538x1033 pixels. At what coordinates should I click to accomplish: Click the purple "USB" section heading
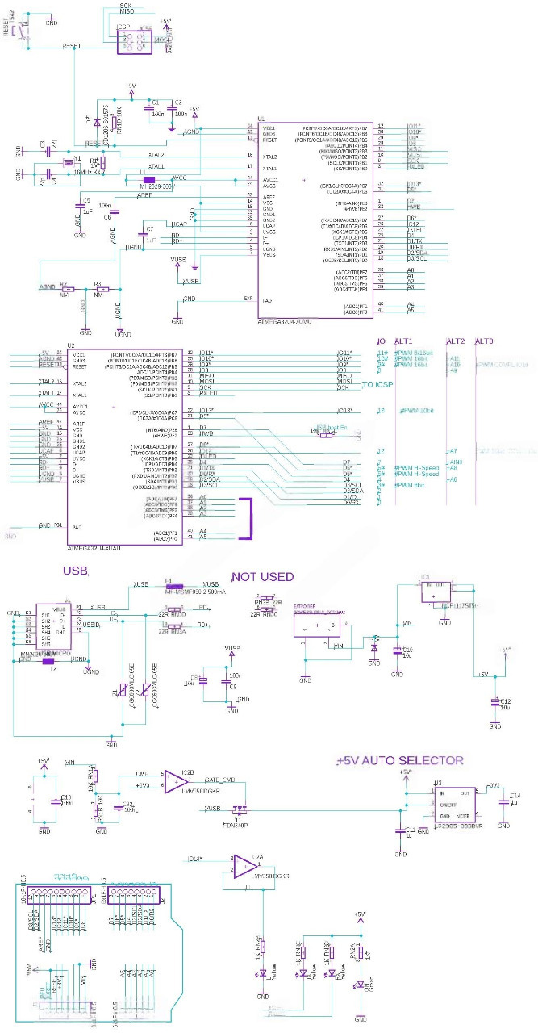75,571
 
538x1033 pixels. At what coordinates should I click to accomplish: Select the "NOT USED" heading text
262,577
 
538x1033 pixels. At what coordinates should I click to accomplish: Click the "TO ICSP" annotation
377,386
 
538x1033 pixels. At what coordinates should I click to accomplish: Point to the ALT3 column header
485,341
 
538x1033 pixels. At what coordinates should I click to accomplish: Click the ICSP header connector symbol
133,38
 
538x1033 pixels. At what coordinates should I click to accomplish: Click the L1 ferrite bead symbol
148,180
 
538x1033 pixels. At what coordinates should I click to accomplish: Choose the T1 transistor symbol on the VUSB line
240,810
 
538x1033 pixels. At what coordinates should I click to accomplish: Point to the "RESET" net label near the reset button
72,46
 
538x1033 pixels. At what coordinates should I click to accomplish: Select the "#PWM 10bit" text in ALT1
411,411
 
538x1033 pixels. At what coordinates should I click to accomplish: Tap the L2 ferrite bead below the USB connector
52,660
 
